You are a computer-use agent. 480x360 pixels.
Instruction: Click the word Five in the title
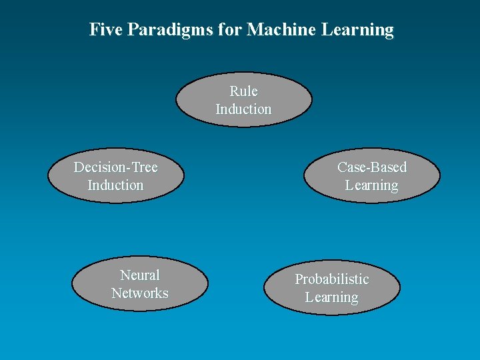coord(105,29)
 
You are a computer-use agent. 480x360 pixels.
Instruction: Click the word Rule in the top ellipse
coord(243,91)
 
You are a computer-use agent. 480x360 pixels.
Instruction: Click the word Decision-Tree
coord(115,167)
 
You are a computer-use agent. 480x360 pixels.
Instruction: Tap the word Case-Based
coord(371,167)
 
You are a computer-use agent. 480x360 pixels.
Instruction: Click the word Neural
coord(140,275)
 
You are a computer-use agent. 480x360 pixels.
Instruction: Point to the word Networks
coord(140,293)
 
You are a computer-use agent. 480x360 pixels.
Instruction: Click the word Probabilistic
coord(331,279)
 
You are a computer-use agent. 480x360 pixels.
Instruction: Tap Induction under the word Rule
coord(243,109)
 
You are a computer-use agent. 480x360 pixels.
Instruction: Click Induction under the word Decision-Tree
coord(115,185)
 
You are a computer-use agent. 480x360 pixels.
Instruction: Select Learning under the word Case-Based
coord(371,185)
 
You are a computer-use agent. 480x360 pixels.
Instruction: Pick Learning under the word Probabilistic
coord(331,297)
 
